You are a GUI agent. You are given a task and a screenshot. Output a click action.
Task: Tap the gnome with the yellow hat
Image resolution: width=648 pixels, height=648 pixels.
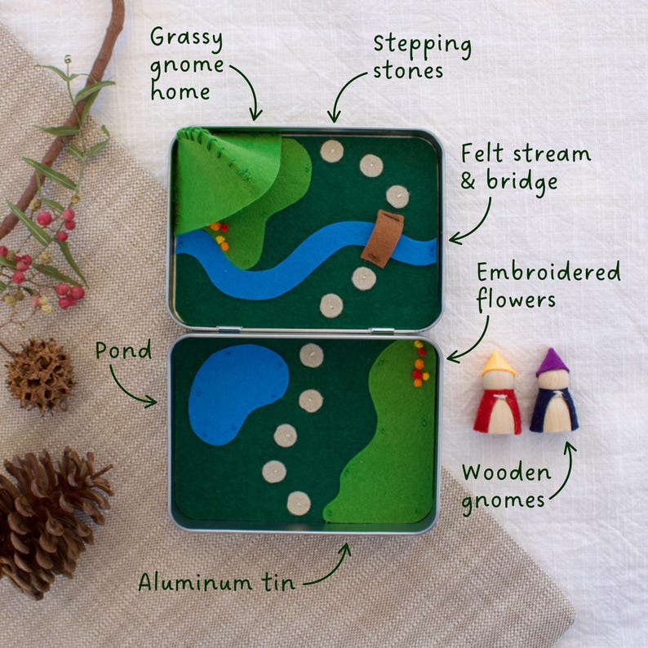[x=498, y=397]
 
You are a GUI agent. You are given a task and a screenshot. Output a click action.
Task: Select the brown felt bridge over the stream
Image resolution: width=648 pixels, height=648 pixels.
[x=382, y=237]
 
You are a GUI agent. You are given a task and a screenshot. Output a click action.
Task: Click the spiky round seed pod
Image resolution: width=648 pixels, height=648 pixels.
[x=39, y=375]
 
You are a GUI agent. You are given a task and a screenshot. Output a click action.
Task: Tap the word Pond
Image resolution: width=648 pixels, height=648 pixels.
[x=123, y=351]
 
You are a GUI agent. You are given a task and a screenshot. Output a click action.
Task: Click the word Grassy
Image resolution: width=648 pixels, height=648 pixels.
[x=187, y=38]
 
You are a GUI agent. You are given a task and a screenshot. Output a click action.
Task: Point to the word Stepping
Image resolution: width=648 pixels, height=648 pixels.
[x=422, y=45]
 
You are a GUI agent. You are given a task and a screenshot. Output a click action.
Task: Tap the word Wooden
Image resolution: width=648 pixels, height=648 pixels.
[x=506, y=472]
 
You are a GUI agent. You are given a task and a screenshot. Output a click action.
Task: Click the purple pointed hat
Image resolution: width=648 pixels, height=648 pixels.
[x=553, y=362]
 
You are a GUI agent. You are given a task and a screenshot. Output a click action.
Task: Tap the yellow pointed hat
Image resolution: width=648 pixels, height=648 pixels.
[x=498, y=364]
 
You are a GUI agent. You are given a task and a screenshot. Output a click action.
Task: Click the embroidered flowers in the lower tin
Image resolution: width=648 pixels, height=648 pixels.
[x=420, y=364]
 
